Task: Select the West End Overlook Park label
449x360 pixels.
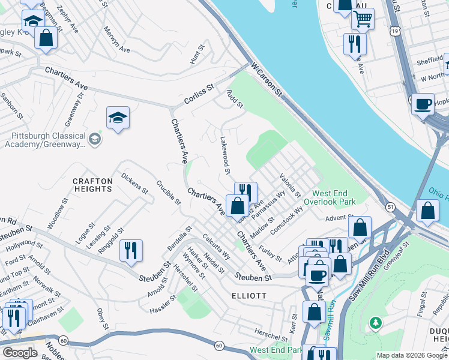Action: coord(334,198)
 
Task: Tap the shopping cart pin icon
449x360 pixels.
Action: coord(363,19)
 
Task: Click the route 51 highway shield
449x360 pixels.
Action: coord(390,207)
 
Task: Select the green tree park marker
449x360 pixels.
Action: coord(376,323)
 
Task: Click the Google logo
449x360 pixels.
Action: coord(19,352)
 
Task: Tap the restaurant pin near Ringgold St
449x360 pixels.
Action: coord(131,250)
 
